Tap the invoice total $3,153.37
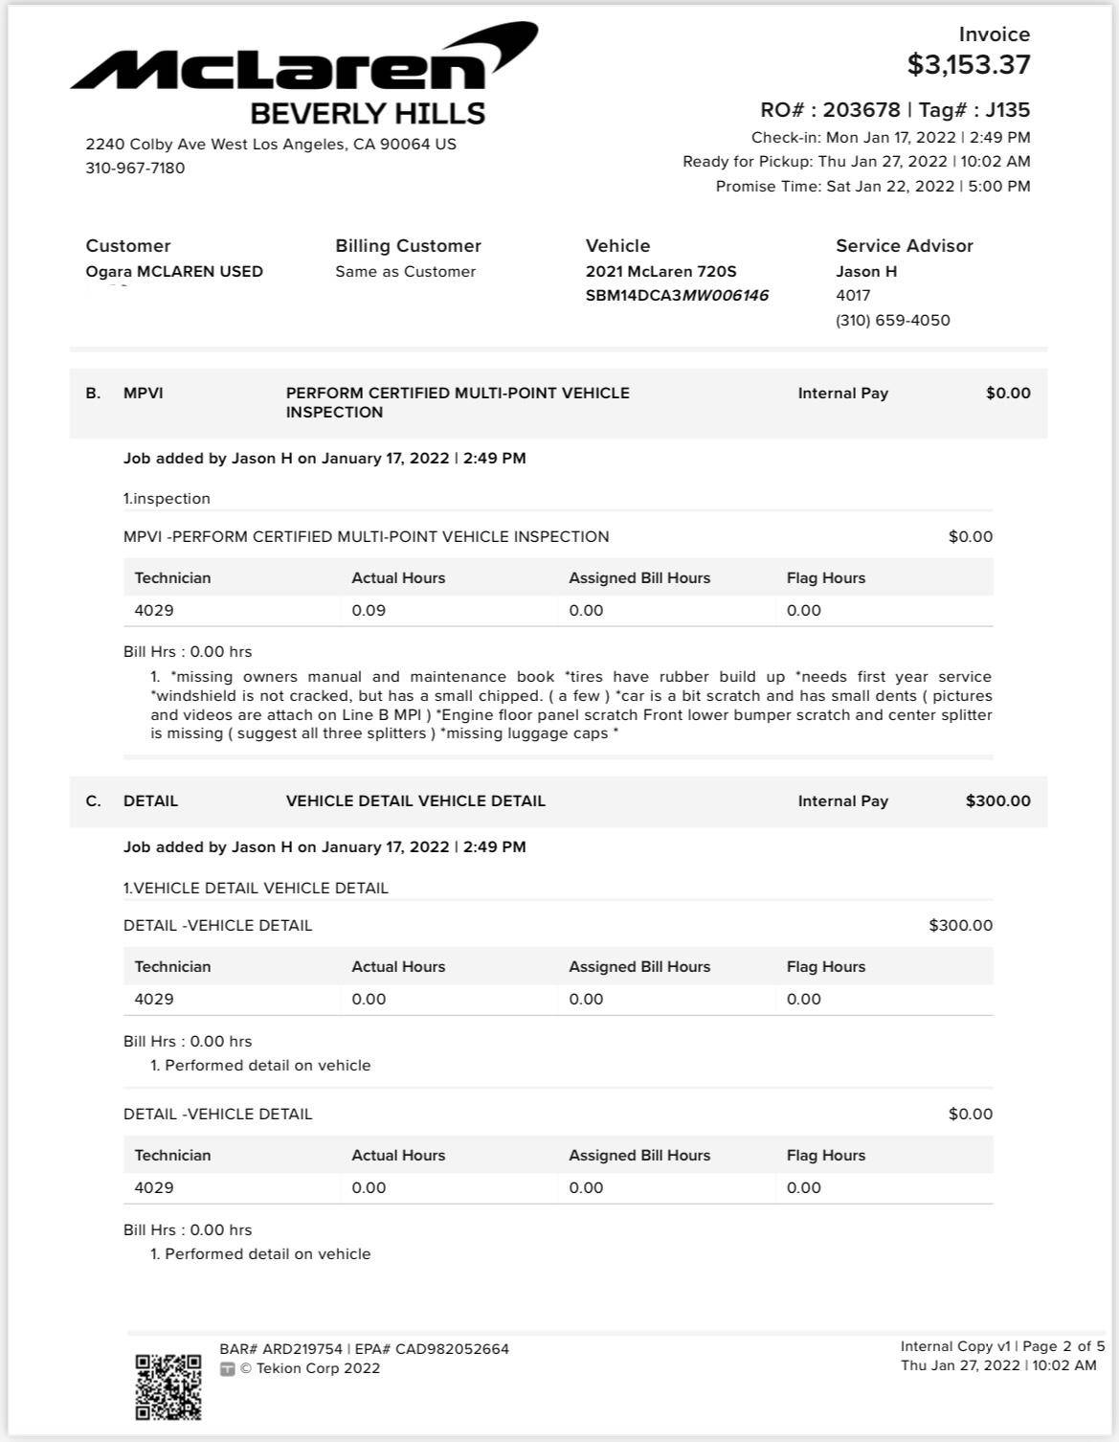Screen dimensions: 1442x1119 pyautogui.click(x=969, y=65)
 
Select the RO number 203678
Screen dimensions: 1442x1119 pyautogui.click(x=861, y=110)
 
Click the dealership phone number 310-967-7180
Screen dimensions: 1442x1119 pyautogui.click(x=135, y=169)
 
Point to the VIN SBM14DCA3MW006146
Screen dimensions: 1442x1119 pyautogui.click(x=677, y=296)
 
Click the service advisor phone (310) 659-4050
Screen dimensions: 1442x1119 pyautogui.click(x=892, y=321)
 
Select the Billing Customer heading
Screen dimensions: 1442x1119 pyautogui.click(x=408, y=246)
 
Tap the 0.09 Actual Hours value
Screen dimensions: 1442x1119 pyautogui.click(x=369, y=611)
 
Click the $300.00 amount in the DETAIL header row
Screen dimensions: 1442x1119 pyautogui.click(x=997, y=801)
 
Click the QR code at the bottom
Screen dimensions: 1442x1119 pyautogui.click(x=168, y=1386)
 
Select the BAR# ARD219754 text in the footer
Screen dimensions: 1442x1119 pyautogui.click(x=280, y=1349)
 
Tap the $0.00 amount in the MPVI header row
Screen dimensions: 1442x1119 pyautogui.click(x=1008, y=394)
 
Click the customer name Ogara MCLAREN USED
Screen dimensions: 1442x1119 pyautogui.click(x=174, y=272)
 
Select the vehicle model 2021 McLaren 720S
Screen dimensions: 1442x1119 pyautogui.click(x=660, y=272)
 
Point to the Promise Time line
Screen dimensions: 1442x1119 pyautogui.click(x=872, y=187)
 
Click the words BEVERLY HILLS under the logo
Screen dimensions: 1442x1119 pyautogui.click(x=368, y=114)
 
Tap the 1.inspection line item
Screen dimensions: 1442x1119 pyautogui.click(x=167, y=499)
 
